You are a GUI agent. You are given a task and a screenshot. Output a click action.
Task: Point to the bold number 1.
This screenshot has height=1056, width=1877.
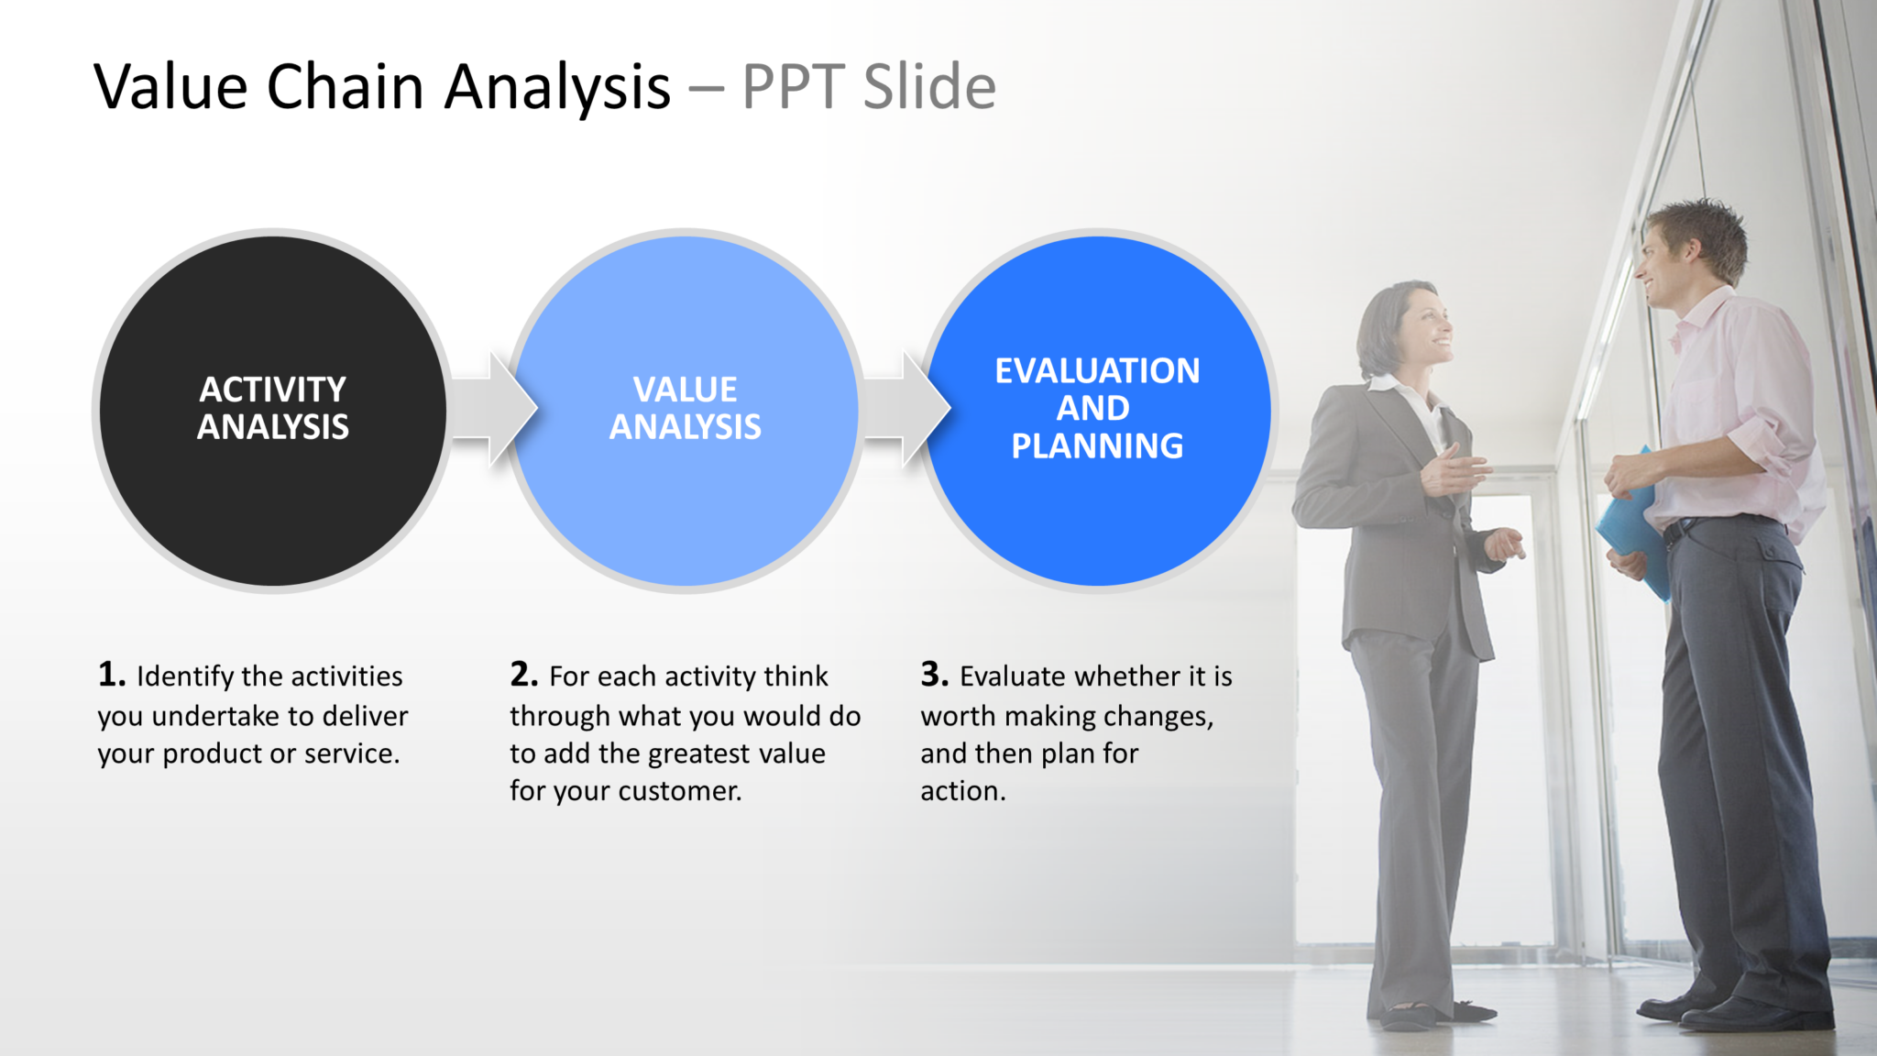coord(111,675)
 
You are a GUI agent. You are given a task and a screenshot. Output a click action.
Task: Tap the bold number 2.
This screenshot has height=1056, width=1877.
coord(523,675)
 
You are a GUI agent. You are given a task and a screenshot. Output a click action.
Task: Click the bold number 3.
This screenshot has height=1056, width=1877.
coord(934,675)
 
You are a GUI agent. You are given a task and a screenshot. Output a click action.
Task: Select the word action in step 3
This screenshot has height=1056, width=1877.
coord(961,791)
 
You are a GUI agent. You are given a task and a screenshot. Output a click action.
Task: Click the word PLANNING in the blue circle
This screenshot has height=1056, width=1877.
coord(1097,446)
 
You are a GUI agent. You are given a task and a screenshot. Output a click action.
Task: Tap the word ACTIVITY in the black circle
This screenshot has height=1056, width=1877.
coord(272,390)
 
